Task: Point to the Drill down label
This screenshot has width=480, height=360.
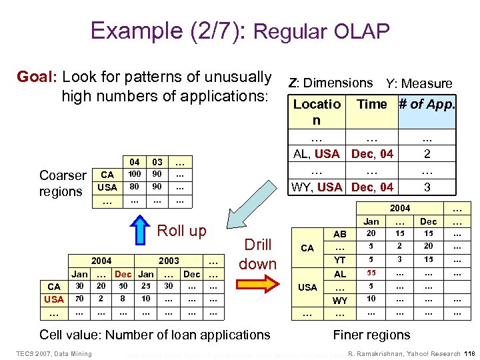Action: pos(257,254)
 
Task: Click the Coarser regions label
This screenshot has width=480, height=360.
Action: pos(63,183)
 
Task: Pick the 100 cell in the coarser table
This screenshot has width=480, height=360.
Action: pos(135,175)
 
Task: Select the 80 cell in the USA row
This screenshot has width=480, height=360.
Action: pos(135,187)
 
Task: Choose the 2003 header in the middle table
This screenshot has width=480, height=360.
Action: pos(169,261)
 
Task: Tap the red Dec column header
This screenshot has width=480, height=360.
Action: pos(123,274)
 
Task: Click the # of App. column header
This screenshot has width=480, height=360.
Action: pos(427,104)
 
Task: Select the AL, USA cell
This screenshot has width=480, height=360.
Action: pos(317,154)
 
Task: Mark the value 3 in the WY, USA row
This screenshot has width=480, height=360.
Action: pos(427,187)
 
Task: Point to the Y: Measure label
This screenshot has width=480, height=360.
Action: pos(419,83)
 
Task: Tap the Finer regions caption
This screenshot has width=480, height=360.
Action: pos(371,335)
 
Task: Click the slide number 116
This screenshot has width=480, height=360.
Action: pos(467,353)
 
